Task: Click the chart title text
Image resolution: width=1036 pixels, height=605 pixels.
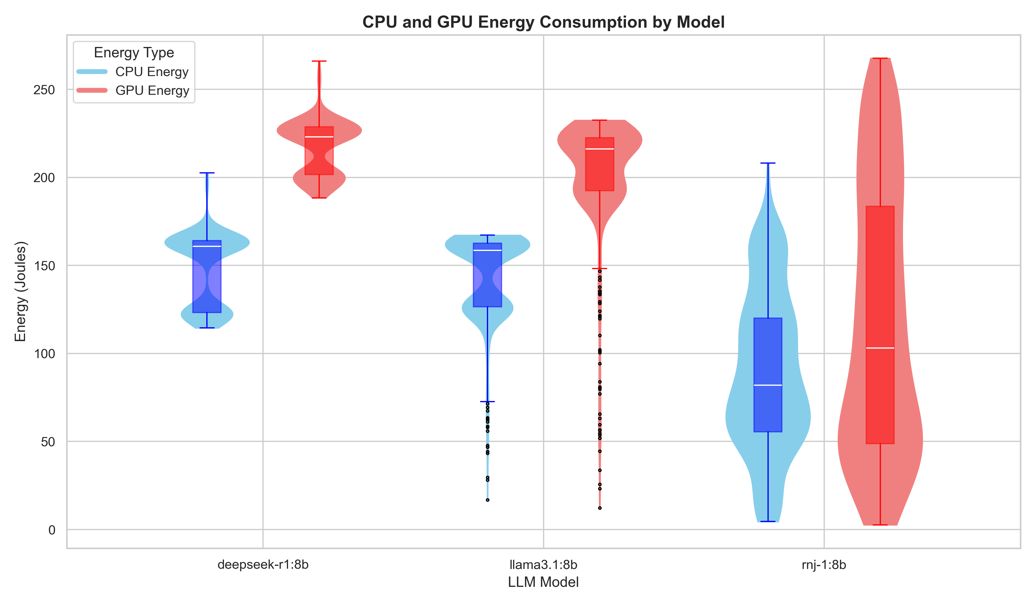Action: point(543,22)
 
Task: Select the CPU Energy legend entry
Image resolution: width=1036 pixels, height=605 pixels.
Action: point(151,72)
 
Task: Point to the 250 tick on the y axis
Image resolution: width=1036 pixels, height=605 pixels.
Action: point(44,90)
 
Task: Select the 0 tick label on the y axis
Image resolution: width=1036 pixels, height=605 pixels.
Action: point(52,530)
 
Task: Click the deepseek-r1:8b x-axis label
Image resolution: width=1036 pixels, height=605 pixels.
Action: point(263,565)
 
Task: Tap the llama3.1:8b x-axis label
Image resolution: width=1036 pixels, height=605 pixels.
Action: point(543,565)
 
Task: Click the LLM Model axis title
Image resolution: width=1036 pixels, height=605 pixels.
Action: point(543,582)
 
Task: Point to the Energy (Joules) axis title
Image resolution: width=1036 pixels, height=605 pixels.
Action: point(20,291)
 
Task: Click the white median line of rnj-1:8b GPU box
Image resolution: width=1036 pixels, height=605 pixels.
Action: point(880,348)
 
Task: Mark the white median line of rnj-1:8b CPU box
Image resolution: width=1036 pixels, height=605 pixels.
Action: point(768,385)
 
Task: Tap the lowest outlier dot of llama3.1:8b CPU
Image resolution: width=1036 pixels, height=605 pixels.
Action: point(487,500)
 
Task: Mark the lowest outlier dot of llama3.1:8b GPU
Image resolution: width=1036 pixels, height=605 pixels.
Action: point(599,508)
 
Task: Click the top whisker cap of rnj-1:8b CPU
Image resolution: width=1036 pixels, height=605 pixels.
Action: point(768,163)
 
